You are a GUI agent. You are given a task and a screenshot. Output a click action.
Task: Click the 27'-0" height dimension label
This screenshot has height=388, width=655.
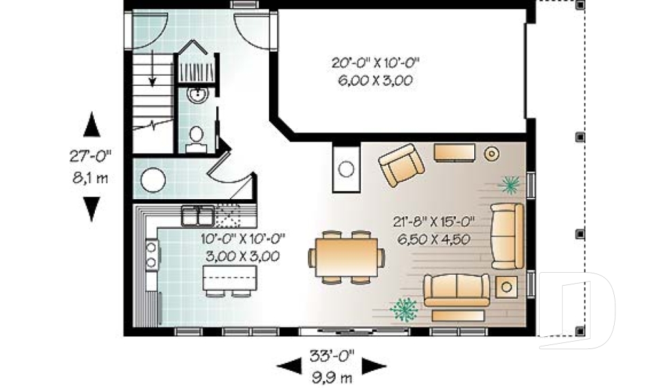(x=90, y=156)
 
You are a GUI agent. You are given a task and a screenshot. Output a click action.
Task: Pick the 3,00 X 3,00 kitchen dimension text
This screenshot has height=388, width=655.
(x=242, y=256)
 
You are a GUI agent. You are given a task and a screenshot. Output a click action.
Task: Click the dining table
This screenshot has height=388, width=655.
(x=345, y=256)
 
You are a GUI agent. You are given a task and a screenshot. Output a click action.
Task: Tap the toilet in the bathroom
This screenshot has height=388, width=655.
(x=196, y=136)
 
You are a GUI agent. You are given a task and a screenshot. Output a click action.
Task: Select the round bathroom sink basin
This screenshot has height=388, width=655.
(x=196, y=95)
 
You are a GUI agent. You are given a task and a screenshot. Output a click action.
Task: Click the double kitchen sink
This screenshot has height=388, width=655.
(x=197, y=218)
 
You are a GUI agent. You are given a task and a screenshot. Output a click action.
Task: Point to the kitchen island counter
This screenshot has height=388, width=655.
(x=231, y=278)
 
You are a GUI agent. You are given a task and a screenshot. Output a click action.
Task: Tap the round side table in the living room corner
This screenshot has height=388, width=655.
(x=491, y=153)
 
